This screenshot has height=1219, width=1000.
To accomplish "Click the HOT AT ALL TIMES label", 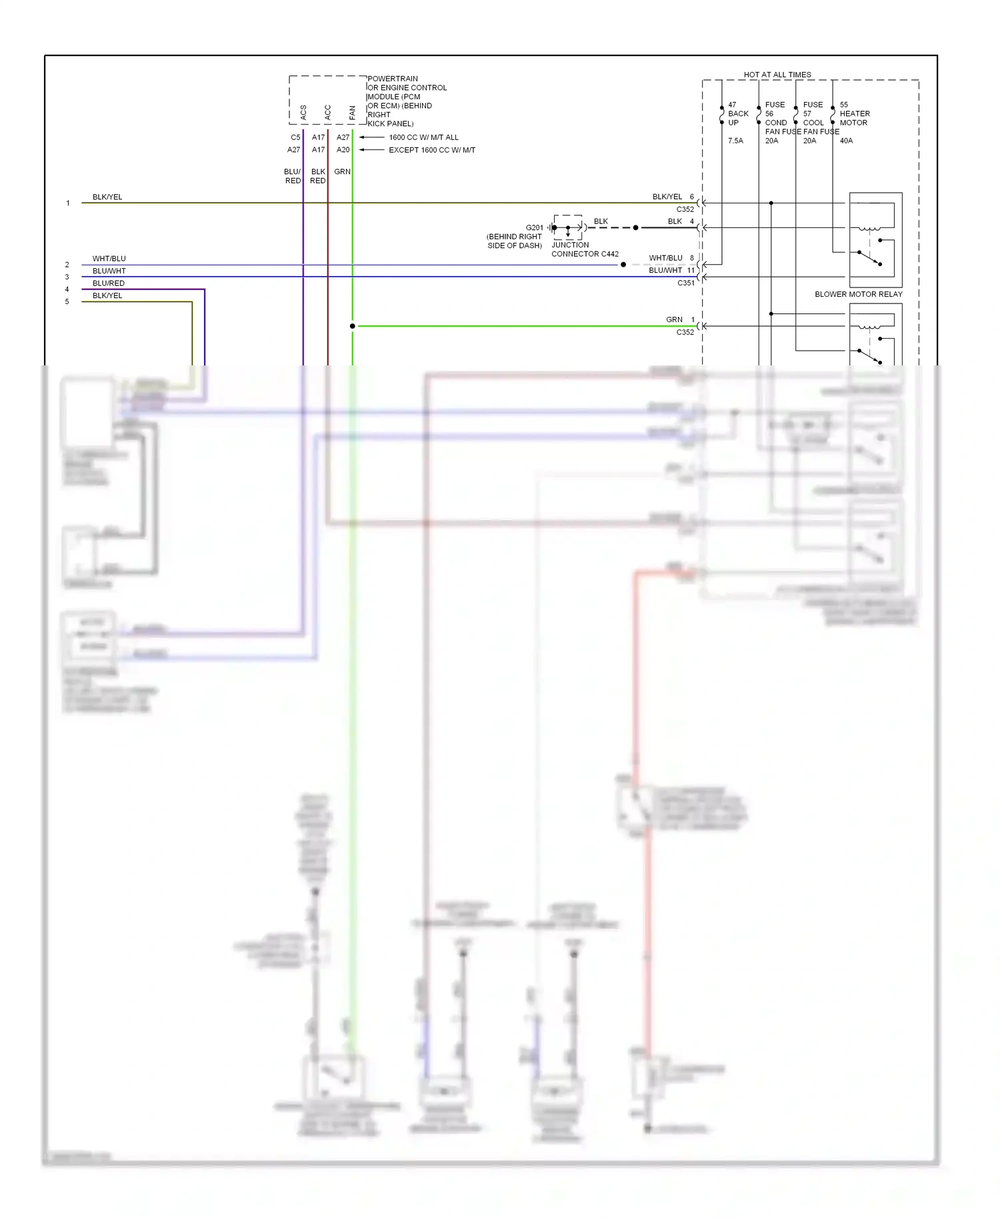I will (x=777, y=75).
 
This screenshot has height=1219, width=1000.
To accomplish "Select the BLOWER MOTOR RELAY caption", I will (x=858, y=294).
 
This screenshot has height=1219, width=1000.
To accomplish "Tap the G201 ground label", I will (x=534, y=227).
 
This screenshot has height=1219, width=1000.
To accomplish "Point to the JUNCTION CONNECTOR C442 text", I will (x=585, y=249).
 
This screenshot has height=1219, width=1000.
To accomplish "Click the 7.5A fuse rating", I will (x=735, y=141).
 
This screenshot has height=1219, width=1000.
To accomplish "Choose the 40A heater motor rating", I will (x=846, y=141).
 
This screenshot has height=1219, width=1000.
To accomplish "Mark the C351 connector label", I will (x=685, y=283).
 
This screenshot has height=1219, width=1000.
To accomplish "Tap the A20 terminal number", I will (x=343, y=150).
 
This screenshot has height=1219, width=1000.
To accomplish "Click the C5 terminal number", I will (x=295, y=137).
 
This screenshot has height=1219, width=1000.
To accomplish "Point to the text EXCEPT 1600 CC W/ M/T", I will (x=432, y=150).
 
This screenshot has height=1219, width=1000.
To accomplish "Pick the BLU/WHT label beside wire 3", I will (x=109, y=271).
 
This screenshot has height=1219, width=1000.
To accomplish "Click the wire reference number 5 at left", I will (x=67, y=301).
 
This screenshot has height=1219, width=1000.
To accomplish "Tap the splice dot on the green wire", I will (x=353, y=326).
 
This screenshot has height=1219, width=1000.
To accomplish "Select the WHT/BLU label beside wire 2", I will (x=109, y=259).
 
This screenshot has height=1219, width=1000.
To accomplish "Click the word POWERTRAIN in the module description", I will (x=393, y=79).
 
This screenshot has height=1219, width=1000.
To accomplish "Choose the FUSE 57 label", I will (x=813, y=109).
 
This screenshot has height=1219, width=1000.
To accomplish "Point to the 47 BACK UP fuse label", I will (x=737, y=113).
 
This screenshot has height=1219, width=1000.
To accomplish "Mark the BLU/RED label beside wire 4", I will (x=109, y=283).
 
